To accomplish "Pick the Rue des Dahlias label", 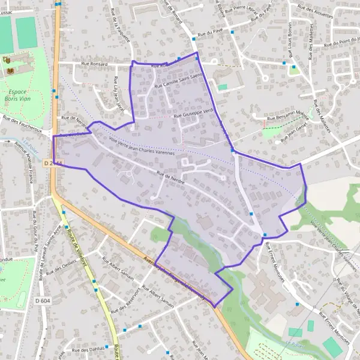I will pyautogui.click(x=88, y=349).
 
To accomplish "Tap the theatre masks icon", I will pyautogui.click(x=7, y=59).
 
